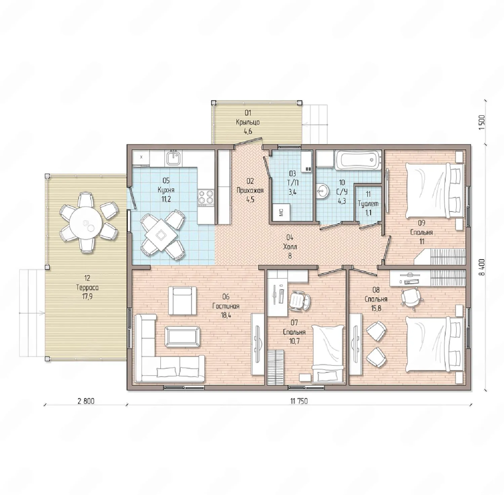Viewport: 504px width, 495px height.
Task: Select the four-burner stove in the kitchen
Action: click(x=206, y=197)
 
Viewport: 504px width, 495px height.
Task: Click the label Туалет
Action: click(x=368, y=204)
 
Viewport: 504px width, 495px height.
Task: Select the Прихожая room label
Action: click(x=250, y=190)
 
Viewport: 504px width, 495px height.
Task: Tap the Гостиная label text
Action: click(x=226, y=306)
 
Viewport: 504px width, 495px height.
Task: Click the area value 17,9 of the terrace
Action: click(x=87, y=297)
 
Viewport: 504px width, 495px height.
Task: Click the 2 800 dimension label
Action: click(x=86, y=401)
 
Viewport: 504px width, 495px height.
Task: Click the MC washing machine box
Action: click(x=281, y=212)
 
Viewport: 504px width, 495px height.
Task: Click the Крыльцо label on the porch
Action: click(x=248, y=122)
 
